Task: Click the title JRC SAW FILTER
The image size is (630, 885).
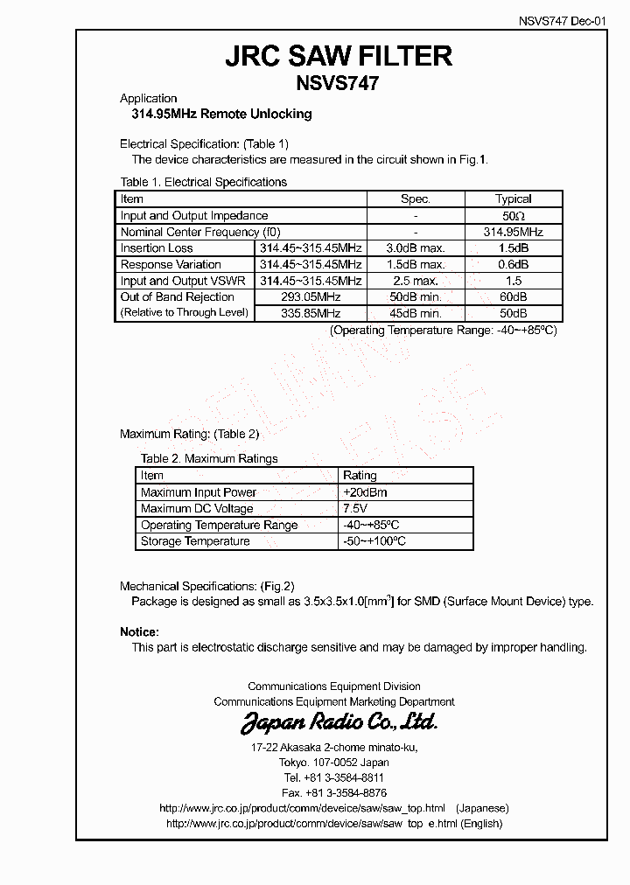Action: [x=339, y=56]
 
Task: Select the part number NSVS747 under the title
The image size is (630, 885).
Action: [x=339, y=83]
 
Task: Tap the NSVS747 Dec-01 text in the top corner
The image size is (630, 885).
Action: [x=567, y=23]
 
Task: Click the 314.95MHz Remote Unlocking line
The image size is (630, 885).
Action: [x=215, y=114]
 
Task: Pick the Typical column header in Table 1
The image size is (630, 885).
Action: [x=514, y=199]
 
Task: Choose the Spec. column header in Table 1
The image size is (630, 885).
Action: [x=416, y=199]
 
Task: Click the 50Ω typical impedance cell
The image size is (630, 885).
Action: [x=514, y=216]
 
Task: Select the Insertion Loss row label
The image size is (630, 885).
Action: [x=157, y=248]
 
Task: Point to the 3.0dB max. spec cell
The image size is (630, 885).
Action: [x=416, y=248]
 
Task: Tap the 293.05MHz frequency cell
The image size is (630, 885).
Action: [x=310, y=297]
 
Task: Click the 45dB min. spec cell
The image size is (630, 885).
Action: [x=416, y=313]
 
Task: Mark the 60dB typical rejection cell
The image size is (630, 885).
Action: [x=514, y=297]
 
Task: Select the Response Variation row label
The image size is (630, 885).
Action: [x=171, y=265]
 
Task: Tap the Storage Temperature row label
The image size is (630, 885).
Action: [x=195, y=541]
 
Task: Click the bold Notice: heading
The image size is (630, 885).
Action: [x=139, y=631]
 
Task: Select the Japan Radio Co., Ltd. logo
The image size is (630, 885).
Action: [x=339, y=722]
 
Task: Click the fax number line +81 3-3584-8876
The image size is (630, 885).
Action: [x=334, y=793]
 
